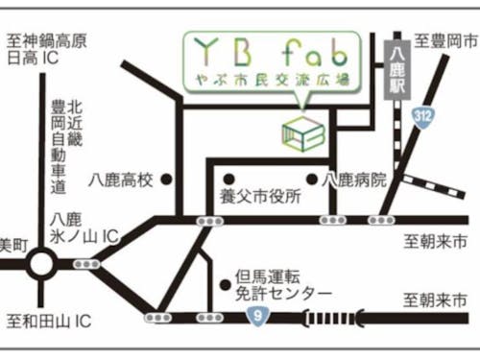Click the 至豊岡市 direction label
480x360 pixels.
coord(445,41)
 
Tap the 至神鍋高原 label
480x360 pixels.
coord(46,40)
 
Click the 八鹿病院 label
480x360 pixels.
coord(355,180)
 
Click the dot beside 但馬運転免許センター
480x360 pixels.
coord(225,274)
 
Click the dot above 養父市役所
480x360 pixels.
coord(228,179)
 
